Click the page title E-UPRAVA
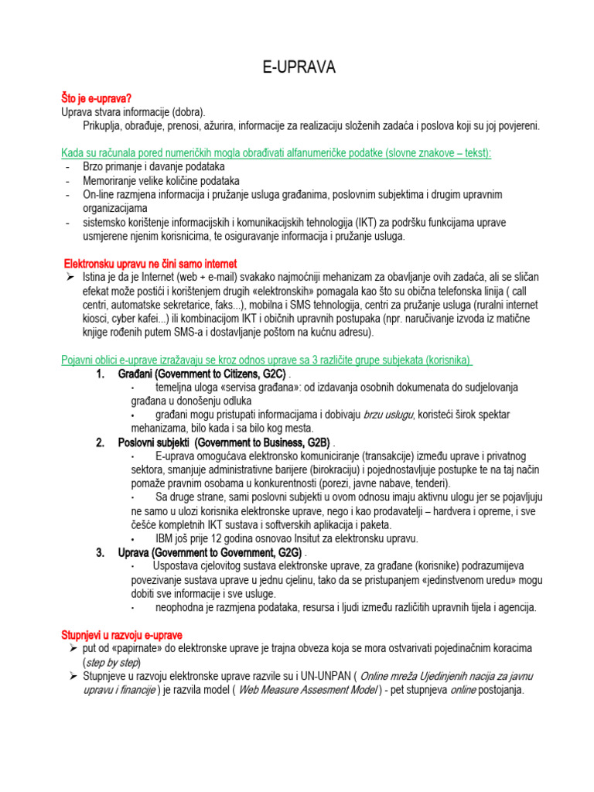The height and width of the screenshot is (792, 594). click(298, 68)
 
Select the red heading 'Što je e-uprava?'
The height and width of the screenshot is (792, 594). click(97, 99)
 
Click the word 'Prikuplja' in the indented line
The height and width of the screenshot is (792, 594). click(104, 125)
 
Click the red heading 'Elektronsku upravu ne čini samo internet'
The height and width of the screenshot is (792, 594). click(149, 264)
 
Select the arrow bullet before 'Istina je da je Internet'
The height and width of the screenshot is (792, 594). click(69, 277)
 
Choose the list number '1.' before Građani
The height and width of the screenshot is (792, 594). click(101, 374)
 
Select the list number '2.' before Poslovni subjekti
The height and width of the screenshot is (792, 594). click(101, 442)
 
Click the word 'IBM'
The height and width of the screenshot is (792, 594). click(166, 538)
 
